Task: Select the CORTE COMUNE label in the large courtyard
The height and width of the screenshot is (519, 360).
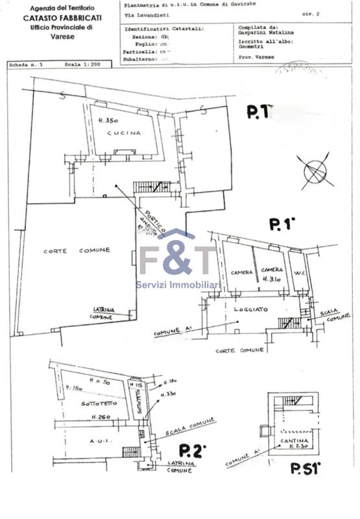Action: (77, 250)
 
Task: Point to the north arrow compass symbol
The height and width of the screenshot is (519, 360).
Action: (315, 169)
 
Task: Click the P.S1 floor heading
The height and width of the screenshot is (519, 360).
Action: (305, 468)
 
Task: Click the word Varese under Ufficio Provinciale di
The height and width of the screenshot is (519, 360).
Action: (62, 37)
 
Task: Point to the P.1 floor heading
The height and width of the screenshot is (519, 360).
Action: (282, 224)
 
